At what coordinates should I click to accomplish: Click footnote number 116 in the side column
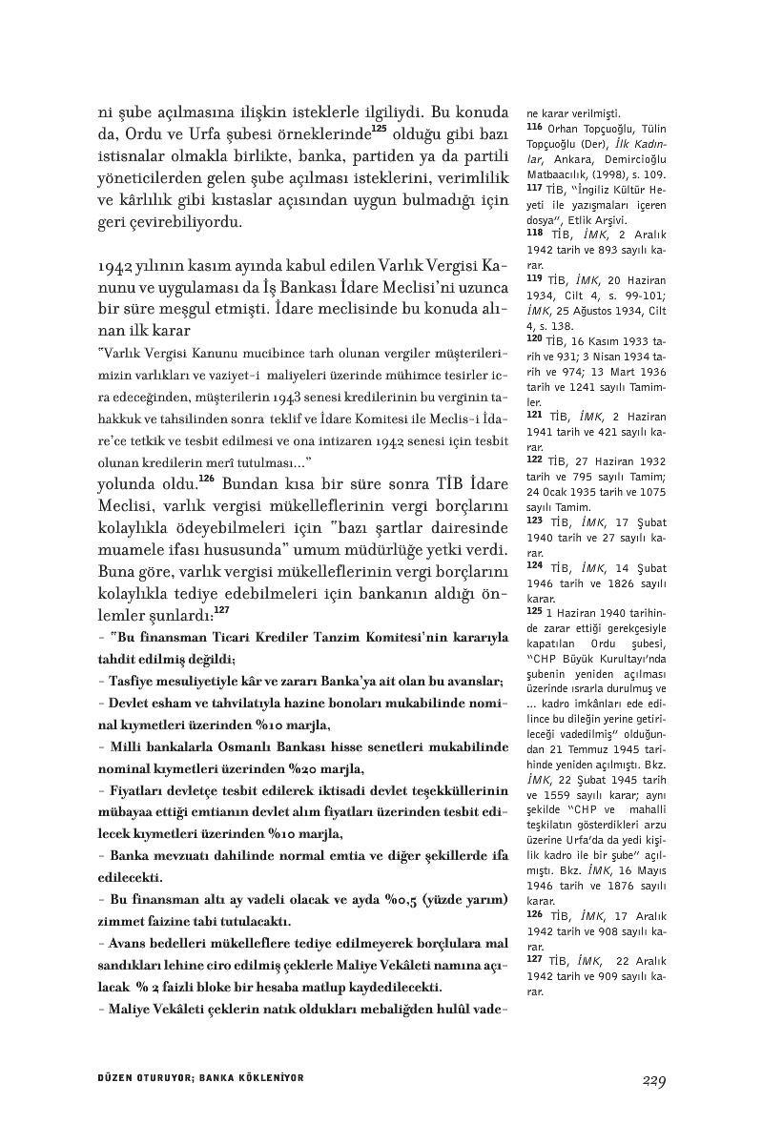(534, 127)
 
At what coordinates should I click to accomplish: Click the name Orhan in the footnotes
(564, 128)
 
